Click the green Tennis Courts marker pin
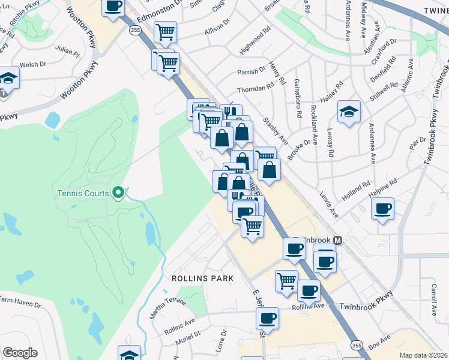tap(119, 193)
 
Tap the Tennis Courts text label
tap(83, 193)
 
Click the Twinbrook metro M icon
tap(338, 239)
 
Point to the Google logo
tap(20, 353)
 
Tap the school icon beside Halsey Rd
tap(349, 112)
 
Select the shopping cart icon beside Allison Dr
tap(164, 32)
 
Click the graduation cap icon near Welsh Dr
tap(8, 78)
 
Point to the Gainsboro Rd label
tap(298, 98)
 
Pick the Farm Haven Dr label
tap(20, 302)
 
